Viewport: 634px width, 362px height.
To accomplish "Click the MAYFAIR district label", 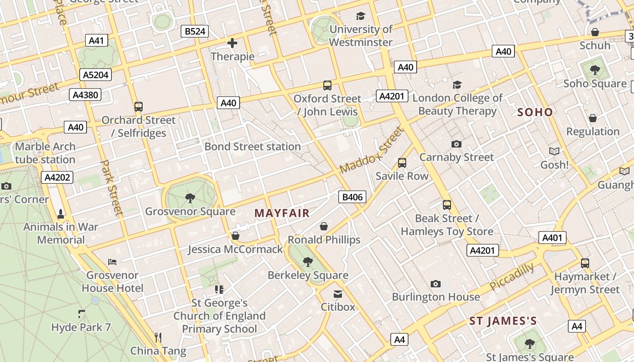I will (x=282, y=213).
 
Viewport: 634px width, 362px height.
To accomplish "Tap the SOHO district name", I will (x=535, y=112).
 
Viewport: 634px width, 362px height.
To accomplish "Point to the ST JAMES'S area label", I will (x=503, y=321).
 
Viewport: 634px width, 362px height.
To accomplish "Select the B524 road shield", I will (x=196, y=31).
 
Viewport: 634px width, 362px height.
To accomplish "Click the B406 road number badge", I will (x=352, y=197).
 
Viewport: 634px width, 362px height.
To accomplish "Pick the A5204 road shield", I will (x=96, y=75).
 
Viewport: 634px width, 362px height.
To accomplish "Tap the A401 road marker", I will (x=552, y=238).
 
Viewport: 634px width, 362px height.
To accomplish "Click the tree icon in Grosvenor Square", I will (x=190, y=198).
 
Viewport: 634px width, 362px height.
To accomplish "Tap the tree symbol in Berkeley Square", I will (x=308, y=262).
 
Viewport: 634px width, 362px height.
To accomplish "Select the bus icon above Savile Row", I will (x=402, y=163).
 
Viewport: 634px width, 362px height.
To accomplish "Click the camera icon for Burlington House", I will (x=435, y=284).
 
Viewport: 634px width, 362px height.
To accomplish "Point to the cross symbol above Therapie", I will (x=232, y=43).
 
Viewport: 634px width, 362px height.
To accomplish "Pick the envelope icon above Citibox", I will (x=338, y=294).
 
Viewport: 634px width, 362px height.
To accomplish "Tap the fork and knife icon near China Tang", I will (x=158, y=337).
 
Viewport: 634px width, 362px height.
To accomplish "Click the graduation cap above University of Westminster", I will (x=360, y=16).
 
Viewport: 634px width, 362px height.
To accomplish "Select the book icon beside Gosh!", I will (x=554, y=151).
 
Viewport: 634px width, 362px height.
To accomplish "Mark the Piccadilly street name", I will (x=511, y=277).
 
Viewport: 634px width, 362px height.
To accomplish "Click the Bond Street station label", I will (x=253, y=147).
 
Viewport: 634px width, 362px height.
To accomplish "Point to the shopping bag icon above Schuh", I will (x=595, y=32).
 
